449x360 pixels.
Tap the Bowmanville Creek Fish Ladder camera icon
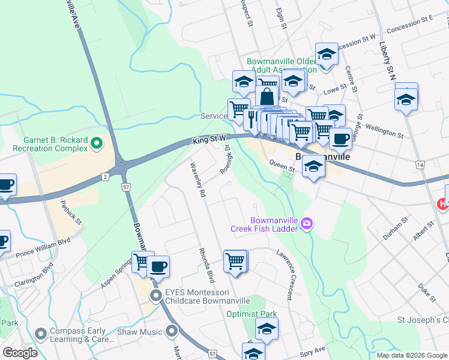(x=307, y=223)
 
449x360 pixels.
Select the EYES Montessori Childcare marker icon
(x=156, y=295)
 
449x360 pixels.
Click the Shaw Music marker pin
(x=172, y=331)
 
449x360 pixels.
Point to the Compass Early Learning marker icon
(x=41, y=334)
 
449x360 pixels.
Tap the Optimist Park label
(x=252, y=314)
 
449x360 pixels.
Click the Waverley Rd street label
(x=198, y=180)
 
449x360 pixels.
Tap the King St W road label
(x=209, y=140)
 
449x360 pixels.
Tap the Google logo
(x=20, y=353)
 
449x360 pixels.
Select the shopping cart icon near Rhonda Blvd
(x=235, y=261)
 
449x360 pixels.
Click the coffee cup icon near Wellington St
(x=340, y=139)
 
